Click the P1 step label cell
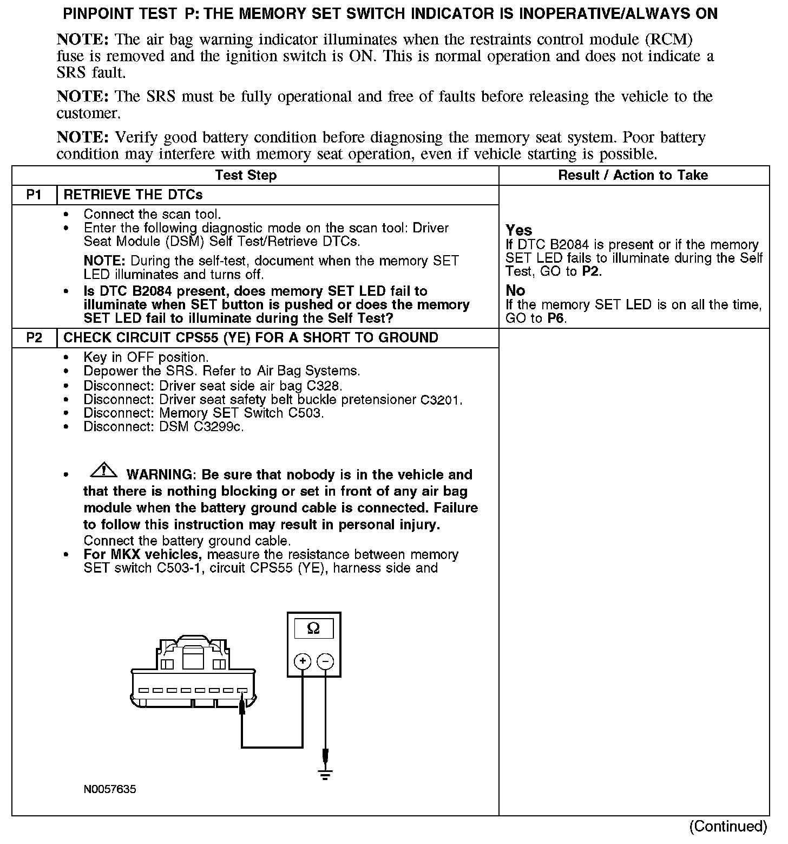(34, 195)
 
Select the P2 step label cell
(34, 338)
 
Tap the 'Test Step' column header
(246, 176)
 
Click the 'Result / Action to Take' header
(633, 176)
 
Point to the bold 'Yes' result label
(519, 230)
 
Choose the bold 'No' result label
(515, 290)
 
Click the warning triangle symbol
(104, 471)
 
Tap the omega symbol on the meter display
(313, 628)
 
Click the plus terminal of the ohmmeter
(302, 661)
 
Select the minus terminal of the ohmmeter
(325, 661)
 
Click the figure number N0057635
(110, 789)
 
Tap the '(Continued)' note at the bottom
(728, 826)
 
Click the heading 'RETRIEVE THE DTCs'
(133, 195)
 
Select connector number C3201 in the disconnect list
(441, 400)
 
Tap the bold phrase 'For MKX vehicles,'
(143, 555)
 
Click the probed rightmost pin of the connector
(242, 691)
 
